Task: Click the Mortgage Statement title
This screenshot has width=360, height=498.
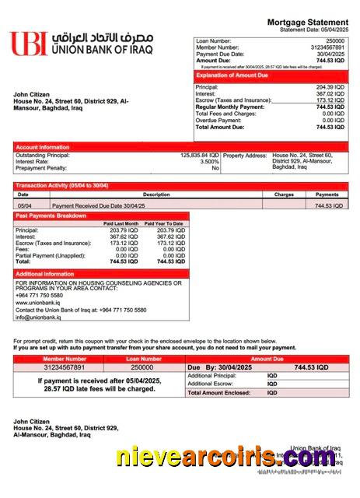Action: (307, 23)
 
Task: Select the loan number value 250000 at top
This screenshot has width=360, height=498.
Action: (335, 40)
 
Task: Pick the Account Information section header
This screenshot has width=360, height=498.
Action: (43, 146)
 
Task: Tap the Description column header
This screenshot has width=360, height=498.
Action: (156, 195)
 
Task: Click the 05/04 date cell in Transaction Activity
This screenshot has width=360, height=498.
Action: (24, 205)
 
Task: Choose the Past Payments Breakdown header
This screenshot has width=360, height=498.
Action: (51, 216)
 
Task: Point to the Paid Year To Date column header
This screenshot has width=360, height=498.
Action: (164, 224)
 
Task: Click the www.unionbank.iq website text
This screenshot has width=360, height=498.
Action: (39, 302)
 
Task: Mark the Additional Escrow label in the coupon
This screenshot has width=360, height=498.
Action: (211, 384)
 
